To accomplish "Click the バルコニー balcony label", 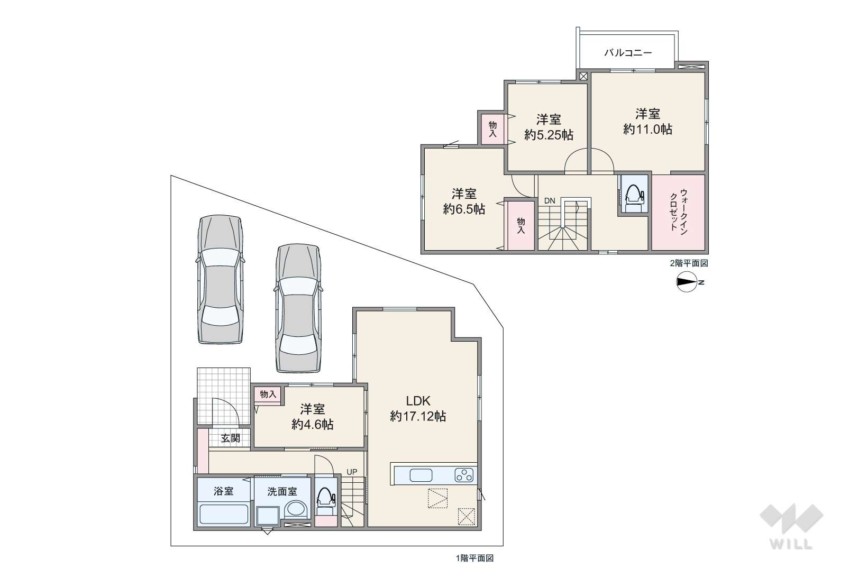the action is (628, 52).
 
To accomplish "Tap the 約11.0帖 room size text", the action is (647, 129).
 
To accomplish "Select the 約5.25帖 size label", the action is (549, 135).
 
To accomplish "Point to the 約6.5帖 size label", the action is (464, 209).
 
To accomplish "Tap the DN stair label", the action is (550, 201).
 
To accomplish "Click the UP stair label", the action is (352, 472).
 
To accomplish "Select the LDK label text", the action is (418, 400).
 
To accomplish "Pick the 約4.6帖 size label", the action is (312, 425).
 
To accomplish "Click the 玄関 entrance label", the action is (230, 438).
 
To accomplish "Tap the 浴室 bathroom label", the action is (223, 491).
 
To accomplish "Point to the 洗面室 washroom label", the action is (282, 491).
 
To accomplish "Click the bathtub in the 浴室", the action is (224, 514).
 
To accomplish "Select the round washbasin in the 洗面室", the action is (296, 510).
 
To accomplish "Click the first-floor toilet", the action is (326, 501).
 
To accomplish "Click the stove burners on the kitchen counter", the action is (464, 475).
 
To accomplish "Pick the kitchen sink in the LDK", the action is (421, 475).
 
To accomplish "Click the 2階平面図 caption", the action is (689, 263).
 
